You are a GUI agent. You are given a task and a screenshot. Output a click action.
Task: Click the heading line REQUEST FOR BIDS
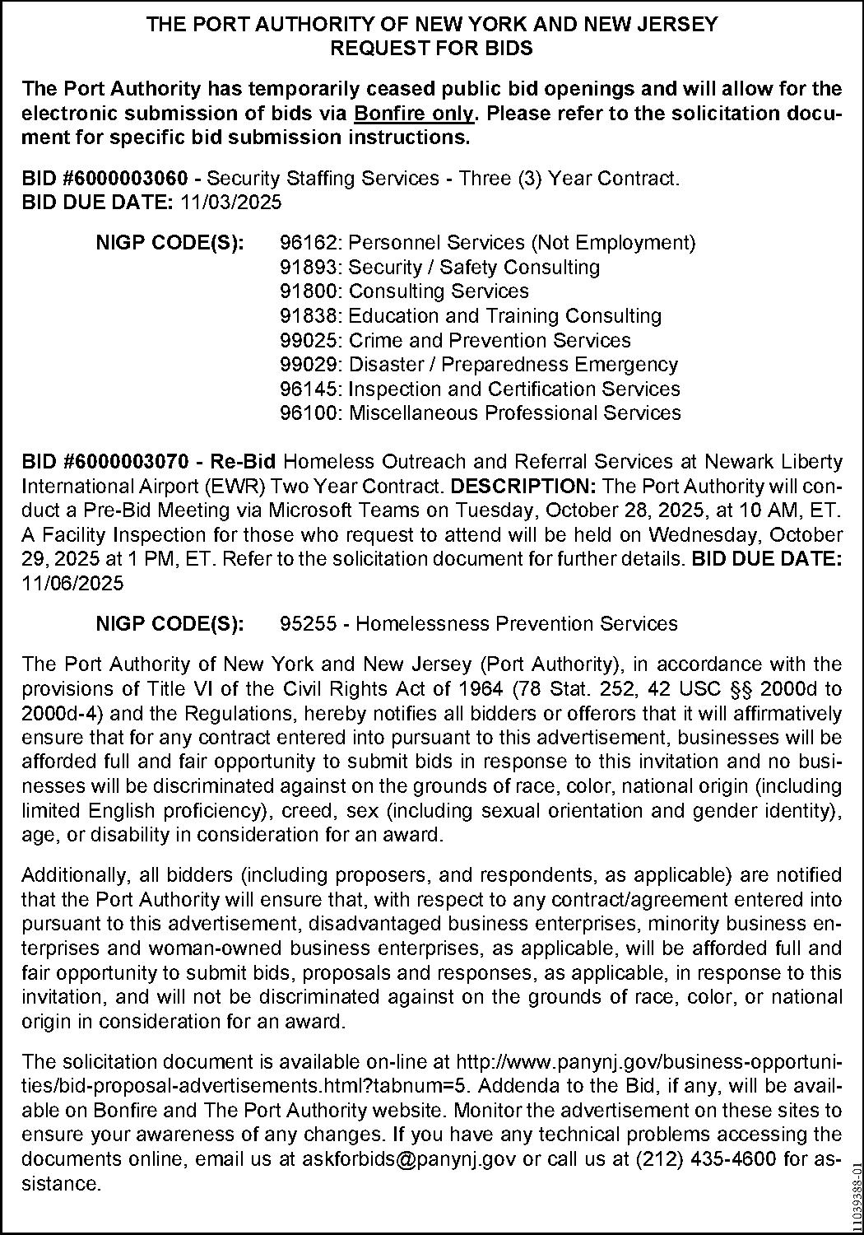pyautogui.click(x=431, y=49)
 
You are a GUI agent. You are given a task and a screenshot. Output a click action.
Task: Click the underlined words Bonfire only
pyautogui.click(x=414, y=113)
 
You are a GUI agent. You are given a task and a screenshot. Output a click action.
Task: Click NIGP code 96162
pyautogui.click(x=310, y=243)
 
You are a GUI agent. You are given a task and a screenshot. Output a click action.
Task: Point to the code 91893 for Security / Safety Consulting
pyautogui.click(x=310, y=268)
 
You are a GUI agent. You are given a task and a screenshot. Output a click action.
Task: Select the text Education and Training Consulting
pyautogui.click(x=505, y=316)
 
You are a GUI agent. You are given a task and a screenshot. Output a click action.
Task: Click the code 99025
pyautogui.click(x=310, y=341)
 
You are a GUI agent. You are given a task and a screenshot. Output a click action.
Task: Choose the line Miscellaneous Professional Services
pyautogui.click(x=514, y=413)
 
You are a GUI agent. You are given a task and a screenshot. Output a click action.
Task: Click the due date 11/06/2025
pyautogui.click(x=72, y=584)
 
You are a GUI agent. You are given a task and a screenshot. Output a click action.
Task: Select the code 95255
pyautogui.click(x=310, y=624)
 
